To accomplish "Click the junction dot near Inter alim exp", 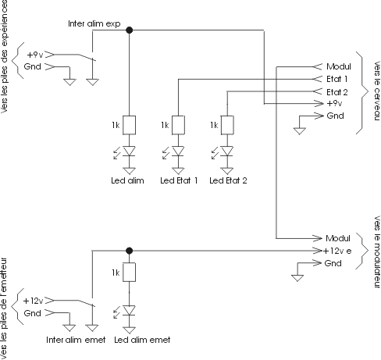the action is (x=129, y=30).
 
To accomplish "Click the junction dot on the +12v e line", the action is (x=129, y=251).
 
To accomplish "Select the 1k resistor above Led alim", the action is (x=129, y=125).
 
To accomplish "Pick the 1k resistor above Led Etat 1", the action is (x=178, y=125).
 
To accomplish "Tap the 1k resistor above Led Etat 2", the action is (x=227, y=125).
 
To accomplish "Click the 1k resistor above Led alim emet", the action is (x=129, y=272).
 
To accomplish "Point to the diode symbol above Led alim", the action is (x=129, y=151).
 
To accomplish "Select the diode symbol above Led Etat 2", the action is (x=227, y=151).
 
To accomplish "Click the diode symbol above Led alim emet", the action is (x=129, y=310).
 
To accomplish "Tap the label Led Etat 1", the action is (x=179, y=180).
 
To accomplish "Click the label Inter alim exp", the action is (x=94, y=23).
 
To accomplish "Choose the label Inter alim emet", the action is (x=76, y=340).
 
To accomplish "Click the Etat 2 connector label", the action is (x=337, y=92).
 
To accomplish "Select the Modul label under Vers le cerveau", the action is (x=339, y=66).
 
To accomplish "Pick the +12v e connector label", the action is (x=337, y=251).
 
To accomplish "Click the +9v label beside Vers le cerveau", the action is (x=334, y=103).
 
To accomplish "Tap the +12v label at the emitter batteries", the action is (x=33, y=301).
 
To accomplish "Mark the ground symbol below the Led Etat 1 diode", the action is (x=178, y=171).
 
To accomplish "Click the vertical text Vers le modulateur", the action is (x=377, y=251).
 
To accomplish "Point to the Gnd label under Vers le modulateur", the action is (x=333, y=263).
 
